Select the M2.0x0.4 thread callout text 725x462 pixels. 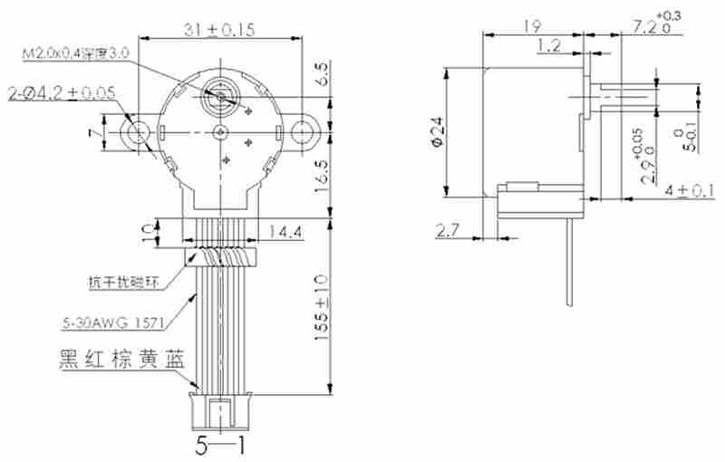tap(76, 53)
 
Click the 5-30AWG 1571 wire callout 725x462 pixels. tap(115, 320)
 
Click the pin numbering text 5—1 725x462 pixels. tap(219, 445)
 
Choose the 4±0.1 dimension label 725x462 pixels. tap(688, 190)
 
